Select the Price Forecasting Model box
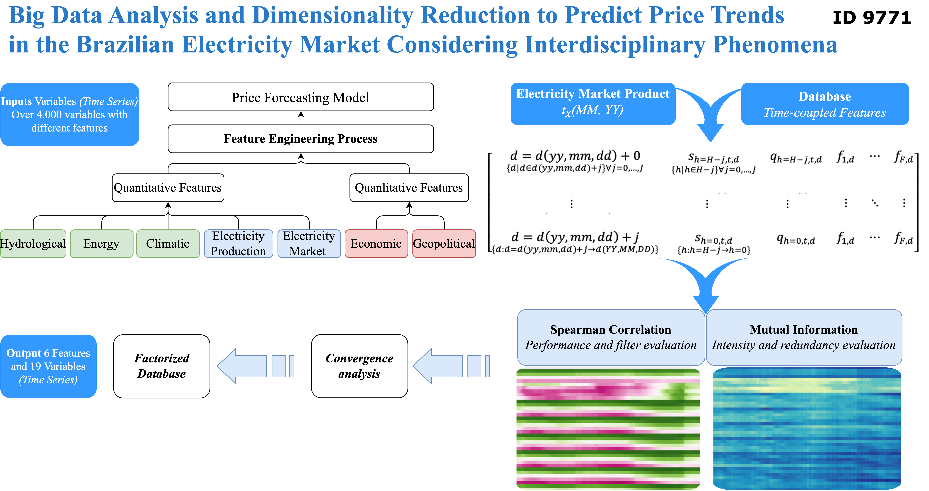pyautogui.click(x=301, y=97)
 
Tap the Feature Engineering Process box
pyautogui.click(x=301, y=139)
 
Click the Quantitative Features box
pyautogui.click(x=168, y=188)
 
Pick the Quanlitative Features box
pyautogui.click(x=409, y=188)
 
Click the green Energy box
pyautogui.click(x=101, y=244)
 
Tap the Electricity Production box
pyautogui.click(x=238, y=244)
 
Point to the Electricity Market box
pyautogui.click(x=309, y=244)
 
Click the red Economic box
pyautogui.click(x=376, y=244)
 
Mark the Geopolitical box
pyautogui.click(x=444, y=244)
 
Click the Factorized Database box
pyautogui.click(x=162, y=366)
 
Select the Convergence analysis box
pyautogui.click(x=359, y=366)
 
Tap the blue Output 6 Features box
pyautogui.click(x=48, y=366)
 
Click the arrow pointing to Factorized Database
pyautogui.click(x=255, y=366)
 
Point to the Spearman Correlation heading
pyautogui.click(x=611, y=329)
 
